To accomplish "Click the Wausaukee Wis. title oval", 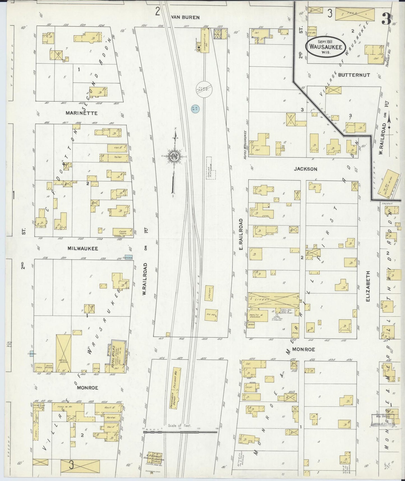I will tap(325, 47).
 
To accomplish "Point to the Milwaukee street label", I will tap(83, 248).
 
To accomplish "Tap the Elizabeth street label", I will tap(368, 286).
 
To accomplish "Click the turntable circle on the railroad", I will tap(204, 90).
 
